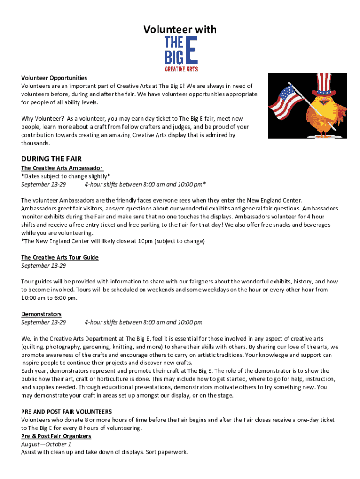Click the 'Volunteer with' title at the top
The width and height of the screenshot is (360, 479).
(180, 29)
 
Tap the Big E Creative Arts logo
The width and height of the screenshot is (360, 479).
(181, 54)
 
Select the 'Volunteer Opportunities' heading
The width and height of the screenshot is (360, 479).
(54, 78)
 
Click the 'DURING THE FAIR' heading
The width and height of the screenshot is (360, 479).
(51, 159)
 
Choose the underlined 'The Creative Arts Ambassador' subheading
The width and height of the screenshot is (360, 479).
(62, 168)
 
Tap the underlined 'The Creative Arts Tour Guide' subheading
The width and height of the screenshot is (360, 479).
(60, 257)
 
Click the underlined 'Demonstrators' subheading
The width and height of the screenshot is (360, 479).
(41, 314)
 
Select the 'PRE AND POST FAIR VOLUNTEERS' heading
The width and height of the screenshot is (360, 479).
(66, 412)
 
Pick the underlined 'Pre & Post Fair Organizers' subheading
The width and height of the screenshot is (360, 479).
(56, 436)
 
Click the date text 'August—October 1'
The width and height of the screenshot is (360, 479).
(46, 444)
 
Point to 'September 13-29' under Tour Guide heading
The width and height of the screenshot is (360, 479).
(43, 266)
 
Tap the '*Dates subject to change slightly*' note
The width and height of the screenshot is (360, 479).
(65, 176)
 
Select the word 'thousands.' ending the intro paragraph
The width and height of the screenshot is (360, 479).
(36, 143)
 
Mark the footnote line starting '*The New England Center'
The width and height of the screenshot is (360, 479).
(113, 241)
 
